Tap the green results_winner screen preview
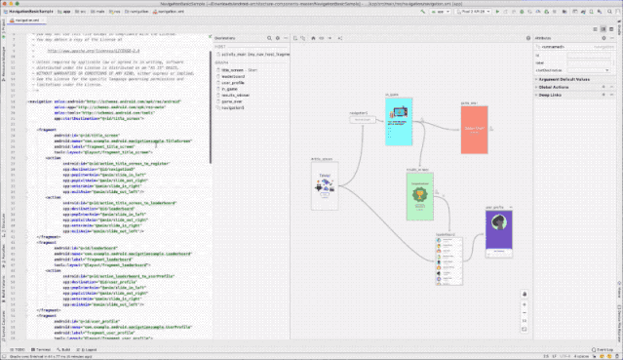[x=418, y=194]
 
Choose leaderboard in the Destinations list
[x=234, y=77]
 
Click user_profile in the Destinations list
[x=234, y=83]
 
